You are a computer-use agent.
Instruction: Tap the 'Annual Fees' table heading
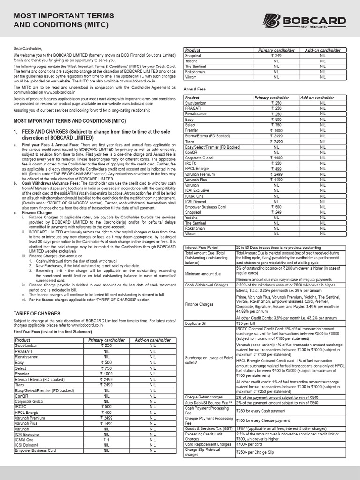coord(196,89)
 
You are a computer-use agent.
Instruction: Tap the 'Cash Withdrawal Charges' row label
coord(207,285)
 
